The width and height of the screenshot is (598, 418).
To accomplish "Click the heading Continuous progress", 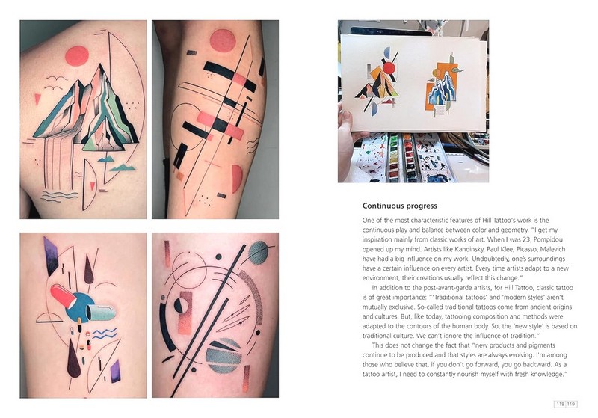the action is tap(399, 206).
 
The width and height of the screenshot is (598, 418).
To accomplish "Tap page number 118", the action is tap(560, 404).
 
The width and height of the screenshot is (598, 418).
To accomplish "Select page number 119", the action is tap(571, 404).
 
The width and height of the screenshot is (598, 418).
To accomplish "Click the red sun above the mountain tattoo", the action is tap(77, 56).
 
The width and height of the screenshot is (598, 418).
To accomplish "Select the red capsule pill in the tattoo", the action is tap(63, 295).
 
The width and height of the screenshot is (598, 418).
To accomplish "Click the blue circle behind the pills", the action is tap(80, 307).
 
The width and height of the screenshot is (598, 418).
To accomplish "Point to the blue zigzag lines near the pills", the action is tap(105, 334).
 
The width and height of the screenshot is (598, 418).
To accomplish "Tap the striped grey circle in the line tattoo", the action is tap(224, 355).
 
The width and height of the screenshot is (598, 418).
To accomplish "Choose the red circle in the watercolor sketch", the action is tap(389, 68).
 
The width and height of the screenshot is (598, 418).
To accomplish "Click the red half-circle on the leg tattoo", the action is tap(237, 179).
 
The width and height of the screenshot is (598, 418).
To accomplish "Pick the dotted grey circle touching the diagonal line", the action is tap(259, 253).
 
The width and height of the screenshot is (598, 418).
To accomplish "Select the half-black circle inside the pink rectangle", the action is tap(181, 306).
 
